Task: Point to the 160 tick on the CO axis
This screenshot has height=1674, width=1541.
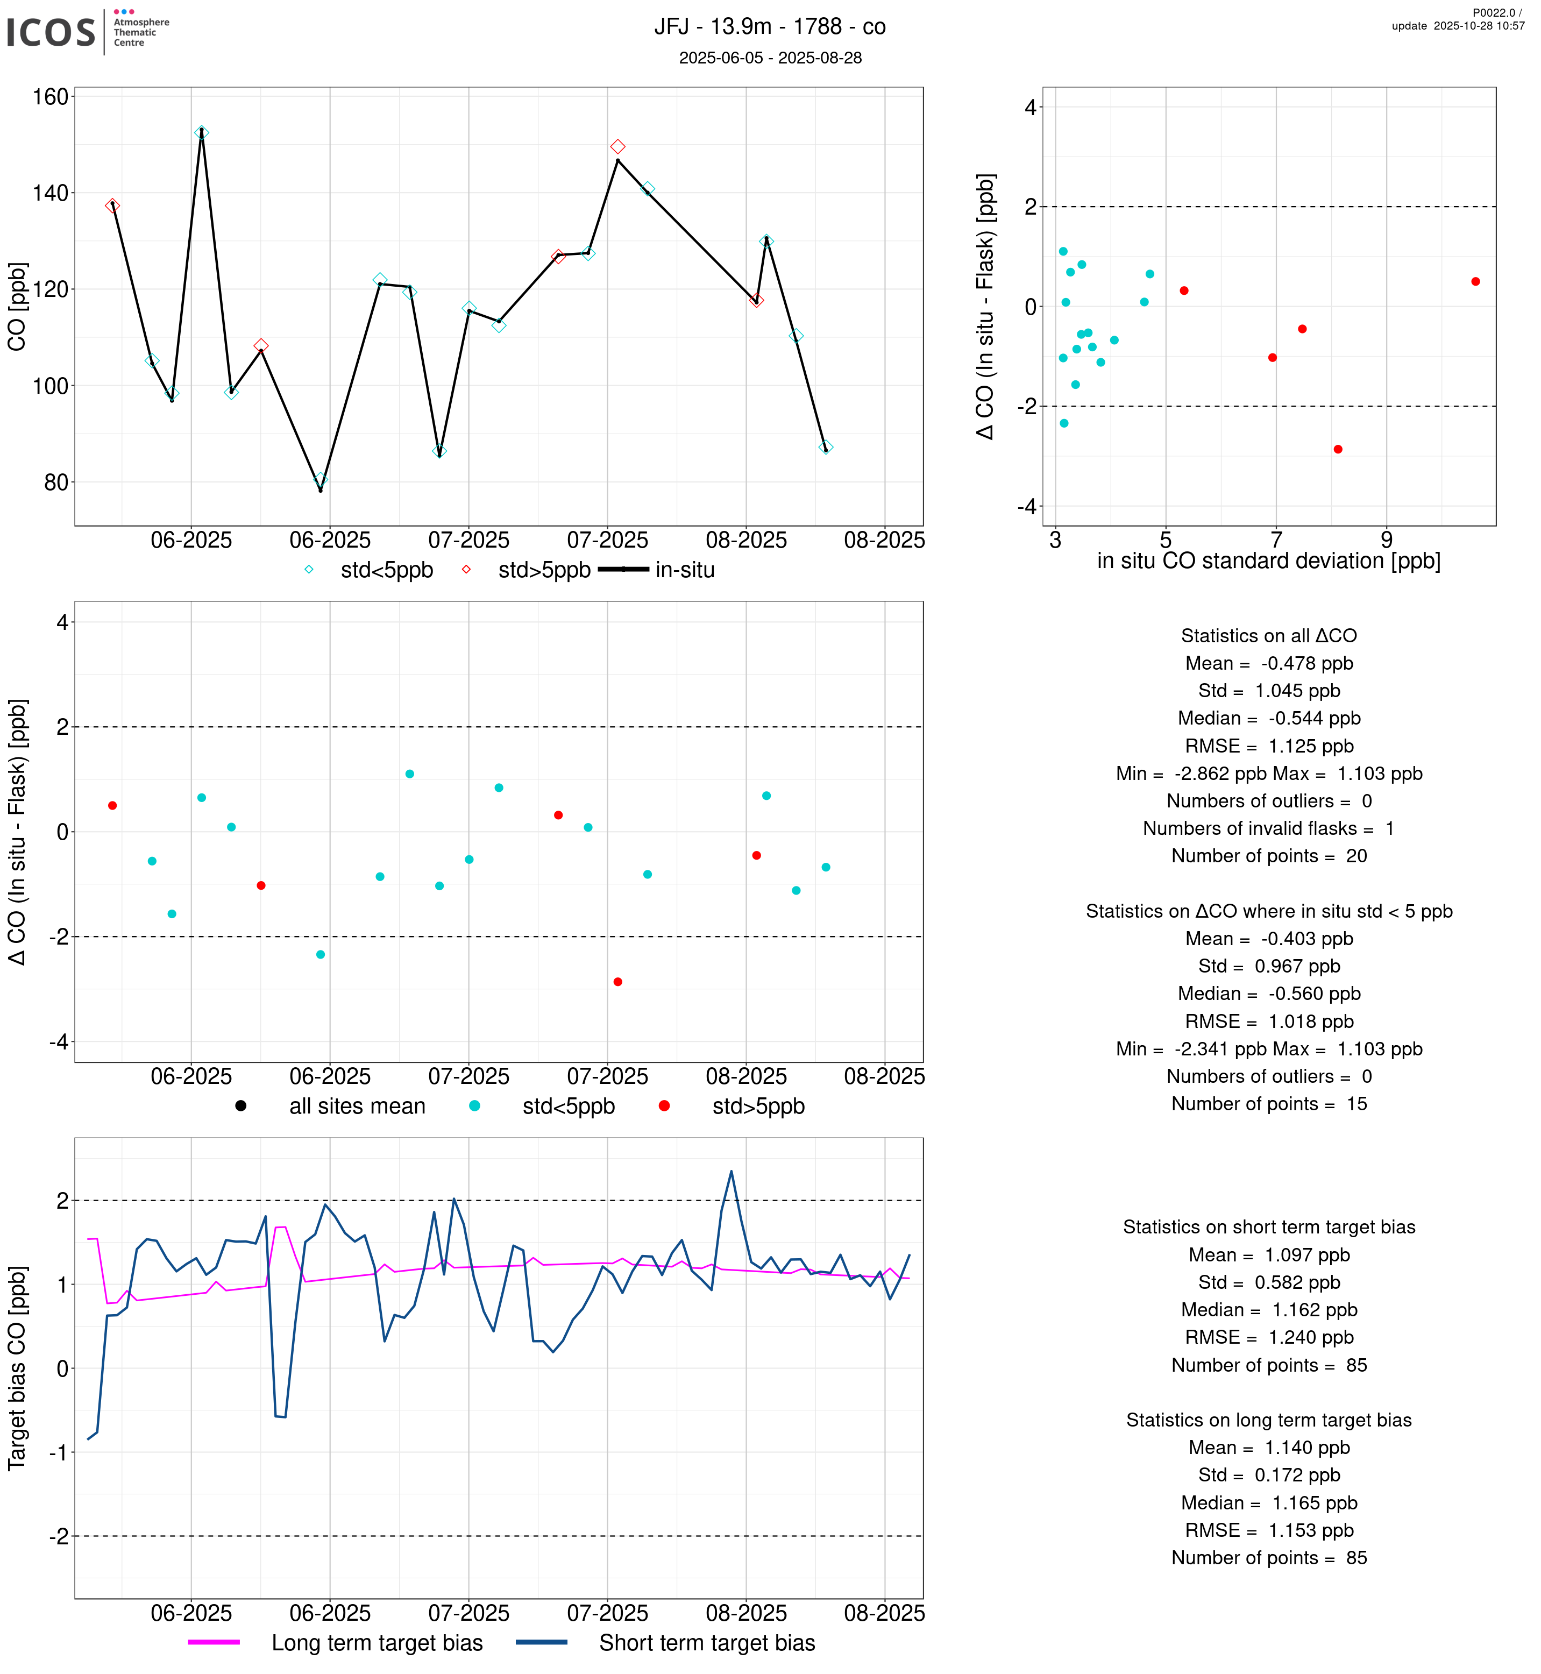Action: (x=50, y=97)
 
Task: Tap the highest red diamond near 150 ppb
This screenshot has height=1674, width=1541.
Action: (x=617, y=147)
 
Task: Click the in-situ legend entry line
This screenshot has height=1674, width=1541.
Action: (x=624, y=570)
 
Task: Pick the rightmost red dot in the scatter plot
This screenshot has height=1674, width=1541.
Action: (x=1475, y=282)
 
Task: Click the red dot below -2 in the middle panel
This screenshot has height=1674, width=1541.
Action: (x=617, y=982)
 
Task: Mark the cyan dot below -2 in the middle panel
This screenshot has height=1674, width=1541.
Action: (x=320, y=954)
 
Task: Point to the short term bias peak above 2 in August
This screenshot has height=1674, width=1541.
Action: (x=732, y=1172)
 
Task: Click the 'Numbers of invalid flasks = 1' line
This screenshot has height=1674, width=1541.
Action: (x=1267, y=828)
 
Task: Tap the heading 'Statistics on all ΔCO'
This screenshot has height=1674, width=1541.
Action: (x=1267, y=636)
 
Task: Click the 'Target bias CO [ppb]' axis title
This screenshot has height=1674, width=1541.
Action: (x=18, y=1368)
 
